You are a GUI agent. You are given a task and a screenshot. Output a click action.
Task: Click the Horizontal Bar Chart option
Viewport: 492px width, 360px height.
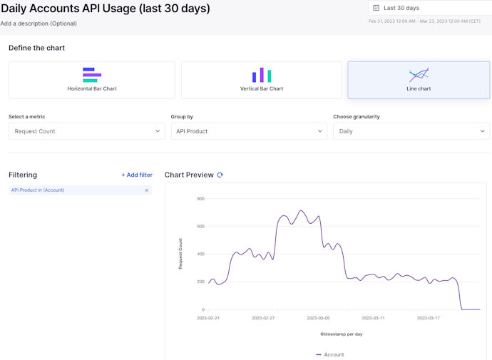coord(92,80)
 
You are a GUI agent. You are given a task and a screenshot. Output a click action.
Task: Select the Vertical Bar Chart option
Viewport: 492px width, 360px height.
coord(262,80)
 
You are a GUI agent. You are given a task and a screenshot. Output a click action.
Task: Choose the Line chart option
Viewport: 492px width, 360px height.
coord(419,80)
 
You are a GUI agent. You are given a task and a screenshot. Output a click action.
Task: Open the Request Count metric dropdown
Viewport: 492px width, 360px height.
coord(87,131)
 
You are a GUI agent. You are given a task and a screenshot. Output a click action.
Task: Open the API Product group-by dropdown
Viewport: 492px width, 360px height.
coord(249,131)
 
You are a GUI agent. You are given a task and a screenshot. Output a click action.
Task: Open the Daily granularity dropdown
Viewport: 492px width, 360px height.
coord(411,131)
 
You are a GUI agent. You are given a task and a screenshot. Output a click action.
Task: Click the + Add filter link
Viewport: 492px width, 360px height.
coord(137,175)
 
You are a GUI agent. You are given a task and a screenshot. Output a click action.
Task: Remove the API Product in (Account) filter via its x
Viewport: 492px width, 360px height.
coord(147,190)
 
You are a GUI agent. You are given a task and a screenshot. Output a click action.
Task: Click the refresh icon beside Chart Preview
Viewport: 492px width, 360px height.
coord(220,175)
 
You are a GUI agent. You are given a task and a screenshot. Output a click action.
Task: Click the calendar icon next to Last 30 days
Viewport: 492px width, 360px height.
coord(376,8)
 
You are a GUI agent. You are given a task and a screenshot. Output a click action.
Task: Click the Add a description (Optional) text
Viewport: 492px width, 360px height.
coord(39,24)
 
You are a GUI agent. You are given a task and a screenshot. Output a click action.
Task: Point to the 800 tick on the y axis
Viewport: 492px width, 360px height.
coord(200,199)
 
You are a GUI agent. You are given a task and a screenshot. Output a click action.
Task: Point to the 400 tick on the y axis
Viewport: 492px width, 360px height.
coord(200,254)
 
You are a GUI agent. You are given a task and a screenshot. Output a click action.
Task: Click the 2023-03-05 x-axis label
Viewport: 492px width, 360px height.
coord(318,318)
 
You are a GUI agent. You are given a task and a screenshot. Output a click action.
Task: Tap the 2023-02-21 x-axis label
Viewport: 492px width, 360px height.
coord(208,318)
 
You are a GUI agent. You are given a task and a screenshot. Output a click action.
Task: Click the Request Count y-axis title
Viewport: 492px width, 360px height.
coord(180,254)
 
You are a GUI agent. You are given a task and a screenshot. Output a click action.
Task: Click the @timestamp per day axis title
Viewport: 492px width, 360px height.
coord(341,334)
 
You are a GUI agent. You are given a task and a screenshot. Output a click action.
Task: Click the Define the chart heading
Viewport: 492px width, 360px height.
coord(36,48)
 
